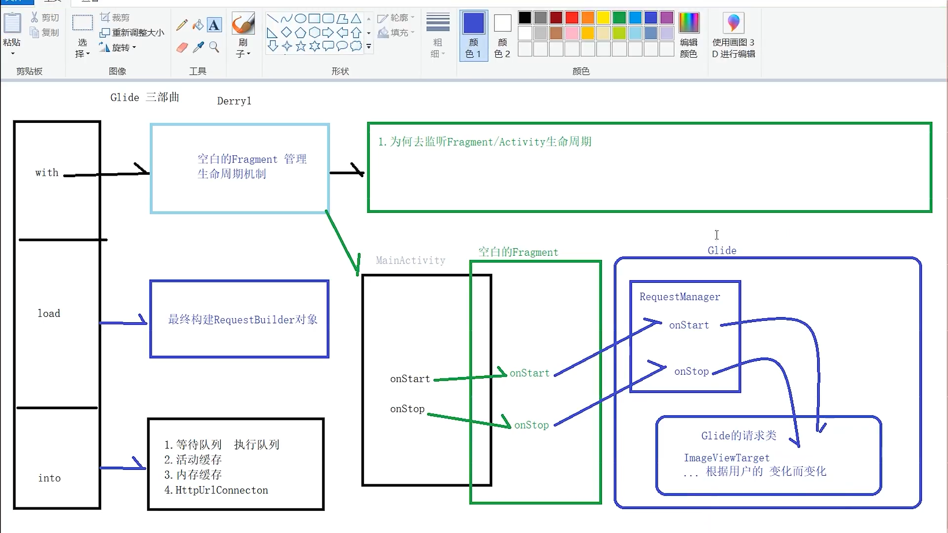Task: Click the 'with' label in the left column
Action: point(47,173)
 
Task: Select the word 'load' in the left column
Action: point(49,313)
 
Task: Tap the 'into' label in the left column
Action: point(49,478)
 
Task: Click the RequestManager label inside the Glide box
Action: point(679,297)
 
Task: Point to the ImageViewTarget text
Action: point(726,457)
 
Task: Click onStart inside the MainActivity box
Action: point(410,379)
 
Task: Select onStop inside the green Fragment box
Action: point(531,425)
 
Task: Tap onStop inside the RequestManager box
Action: point(691,371)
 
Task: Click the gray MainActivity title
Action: point(410,260)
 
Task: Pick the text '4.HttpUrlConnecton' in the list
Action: point(216,490)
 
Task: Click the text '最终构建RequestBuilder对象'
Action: point(242,319)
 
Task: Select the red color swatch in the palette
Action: point(572,18)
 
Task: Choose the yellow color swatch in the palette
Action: point(603,18)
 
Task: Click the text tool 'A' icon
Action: point(214,25)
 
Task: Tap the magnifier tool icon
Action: point(214,47)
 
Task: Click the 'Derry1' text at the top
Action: point(234,101)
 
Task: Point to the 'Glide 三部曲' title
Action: point(145,97)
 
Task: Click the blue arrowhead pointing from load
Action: point(143,320)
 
